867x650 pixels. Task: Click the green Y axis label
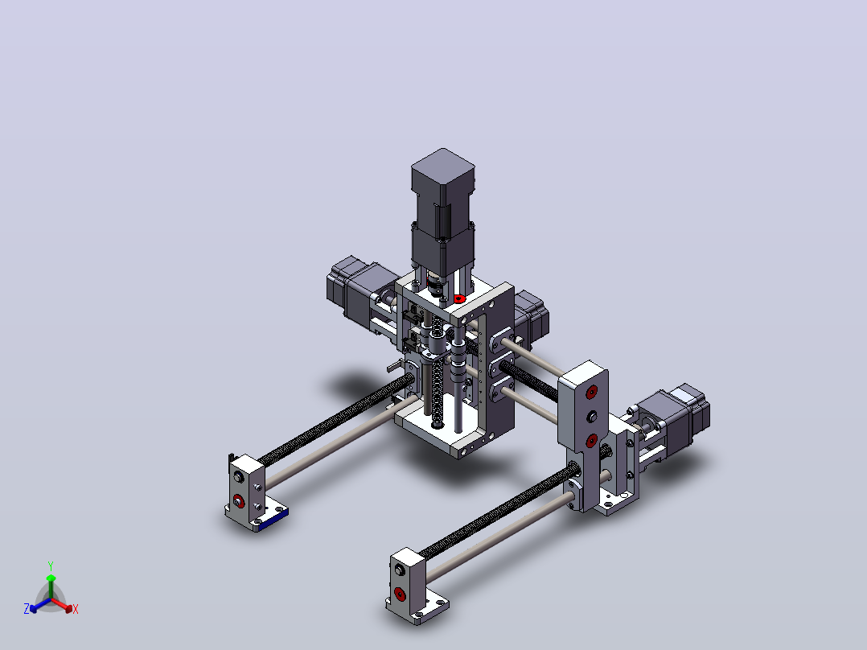point(51,566)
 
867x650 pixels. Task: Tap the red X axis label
point(76,609)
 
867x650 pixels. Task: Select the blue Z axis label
point(27,608)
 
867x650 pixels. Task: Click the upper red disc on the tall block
point(592,393)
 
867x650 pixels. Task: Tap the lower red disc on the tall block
point(591,440)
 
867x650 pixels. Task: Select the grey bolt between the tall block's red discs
point(592,416)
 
